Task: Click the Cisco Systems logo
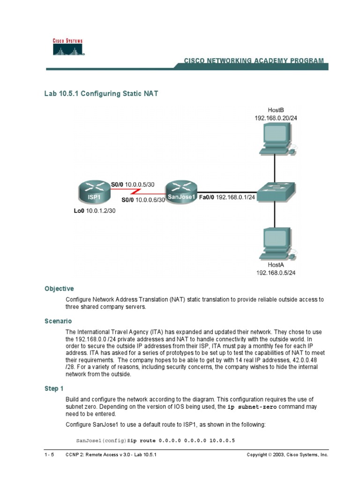67,47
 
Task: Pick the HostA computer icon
277,243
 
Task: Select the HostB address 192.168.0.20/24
276,118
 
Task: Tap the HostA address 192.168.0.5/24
276,272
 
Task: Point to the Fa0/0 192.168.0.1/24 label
227,197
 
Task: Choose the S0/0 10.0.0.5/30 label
132,184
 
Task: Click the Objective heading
59,289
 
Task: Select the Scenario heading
58,321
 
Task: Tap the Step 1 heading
54,389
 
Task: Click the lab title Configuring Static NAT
101,94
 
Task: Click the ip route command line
155,441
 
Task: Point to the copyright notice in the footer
287,455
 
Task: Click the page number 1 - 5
49,455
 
